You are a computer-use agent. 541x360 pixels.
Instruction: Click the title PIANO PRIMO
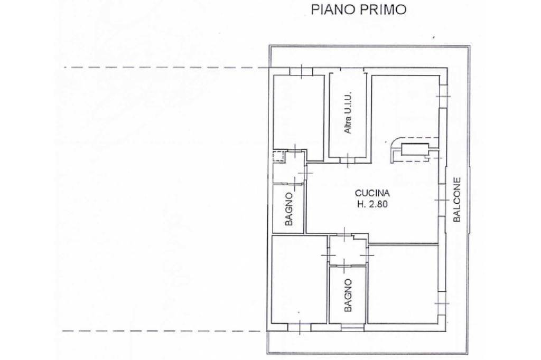tap(359, 10)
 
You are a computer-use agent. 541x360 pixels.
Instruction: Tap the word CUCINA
tap(372, 193)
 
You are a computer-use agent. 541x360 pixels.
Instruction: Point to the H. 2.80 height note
tap(372, 204)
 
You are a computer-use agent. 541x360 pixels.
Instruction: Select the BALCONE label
tap(457, 200)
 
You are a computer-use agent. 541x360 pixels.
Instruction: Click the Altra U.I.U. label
tap(348, 112)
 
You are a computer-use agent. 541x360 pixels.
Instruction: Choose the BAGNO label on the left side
tap(289, 209)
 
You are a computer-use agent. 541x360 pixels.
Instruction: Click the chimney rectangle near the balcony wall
tap(415, 150)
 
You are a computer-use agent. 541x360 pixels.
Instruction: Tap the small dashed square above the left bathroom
tap(278, 156)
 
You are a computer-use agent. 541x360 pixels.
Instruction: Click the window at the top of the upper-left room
tap(301, 71)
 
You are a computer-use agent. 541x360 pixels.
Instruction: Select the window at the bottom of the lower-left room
tap(299, 327)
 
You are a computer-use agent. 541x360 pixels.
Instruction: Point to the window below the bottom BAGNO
tap(352, 327)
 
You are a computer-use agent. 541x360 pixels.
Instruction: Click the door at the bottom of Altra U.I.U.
tap(348, 159)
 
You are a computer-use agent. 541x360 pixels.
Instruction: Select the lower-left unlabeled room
tap(299, 279)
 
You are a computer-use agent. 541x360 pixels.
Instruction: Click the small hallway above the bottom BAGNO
tap(346, 250)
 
